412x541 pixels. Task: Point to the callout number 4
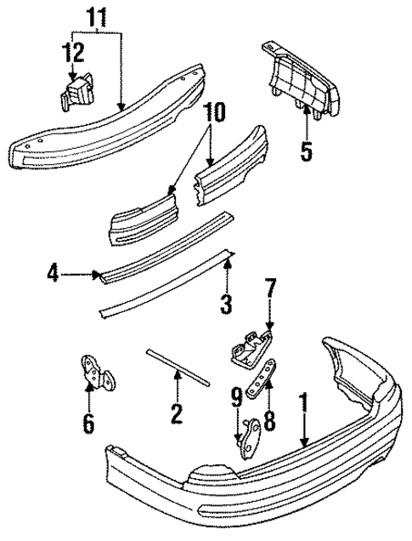[54, 274]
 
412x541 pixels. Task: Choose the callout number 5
[305, 152]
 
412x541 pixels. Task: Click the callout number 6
[88, 421]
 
